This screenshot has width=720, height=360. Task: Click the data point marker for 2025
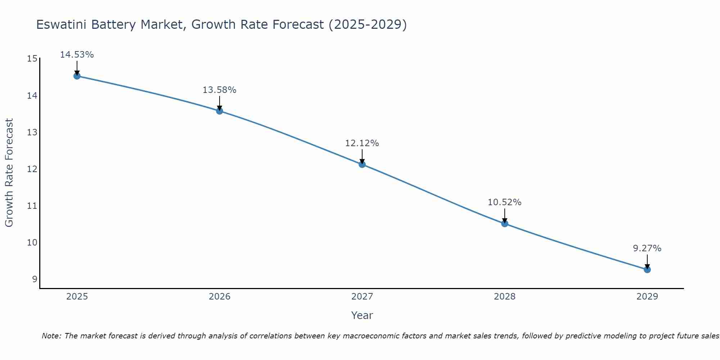pyautogui.click(x=77, y=76)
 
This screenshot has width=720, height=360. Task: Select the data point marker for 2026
pyautogui.click(x=220, y=111)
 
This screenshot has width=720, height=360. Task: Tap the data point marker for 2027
pyautogui.click(x=362, y=165)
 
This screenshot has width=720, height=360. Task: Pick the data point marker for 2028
pyautogui.click(x=505, y=224)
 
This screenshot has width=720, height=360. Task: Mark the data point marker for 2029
pyautogui.click(x=647, y=270)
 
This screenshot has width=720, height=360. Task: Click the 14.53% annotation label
pyautogui.click(x=77, y=55)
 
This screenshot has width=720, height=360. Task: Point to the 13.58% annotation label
pyautogui.click(x=219, y=90)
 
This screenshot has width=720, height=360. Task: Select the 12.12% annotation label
pyautogui.click(x=362, y=143)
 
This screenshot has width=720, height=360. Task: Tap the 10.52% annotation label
pyautogui.click(x=504, y=202)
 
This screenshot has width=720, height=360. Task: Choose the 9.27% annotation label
pyautogui.click(x=647, y=248)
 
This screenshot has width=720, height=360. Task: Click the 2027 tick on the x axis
pyautogui.click(x=362, y=297)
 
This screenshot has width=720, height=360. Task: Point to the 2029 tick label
pyautogui.click(x=647, y=297)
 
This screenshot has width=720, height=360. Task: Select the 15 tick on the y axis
pyautogui.click(x=32, y=59)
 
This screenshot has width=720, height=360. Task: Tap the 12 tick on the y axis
pyautogui.click(x=32, y=169)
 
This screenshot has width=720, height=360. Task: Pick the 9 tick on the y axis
pyautogui.click(x=35, y=279)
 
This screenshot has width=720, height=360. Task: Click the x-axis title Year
pyautogui.click(x=362, y=315)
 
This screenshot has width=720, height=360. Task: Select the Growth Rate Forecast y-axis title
pyautogui.click(x=9, y=173)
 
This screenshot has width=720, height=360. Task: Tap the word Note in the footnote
pyautogui.click(x=51, y=336)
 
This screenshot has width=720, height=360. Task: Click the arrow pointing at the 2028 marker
pyautogui.click(x=505, y=215)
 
